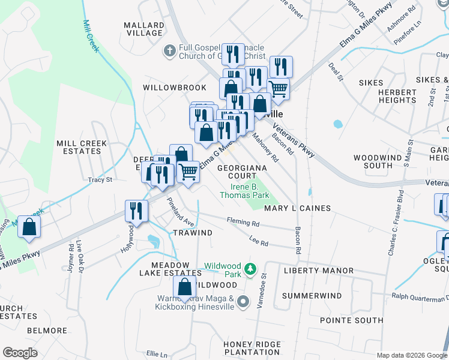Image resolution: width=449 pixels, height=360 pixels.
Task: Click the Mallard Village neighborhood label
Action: click(x=143, y=29)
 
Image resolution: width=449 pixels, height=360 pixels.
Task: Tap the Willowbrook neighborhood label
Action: click(x=174, y=88)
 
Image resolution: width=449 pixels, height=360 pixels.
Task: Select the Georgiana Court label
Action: click(x=237, y=172)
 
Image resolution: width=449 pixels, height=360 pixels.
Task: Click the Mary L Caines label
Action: click(x=298, y=208)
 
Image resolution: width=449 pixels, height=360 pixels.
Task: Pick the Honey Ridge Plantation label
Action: click(x=252, y=348)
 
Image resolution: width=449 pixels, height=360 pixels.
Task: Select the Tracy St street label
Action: click(x=100, y=179)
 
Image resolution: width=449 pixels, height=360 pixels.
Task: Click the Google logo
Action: click(x=20, y=353)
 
